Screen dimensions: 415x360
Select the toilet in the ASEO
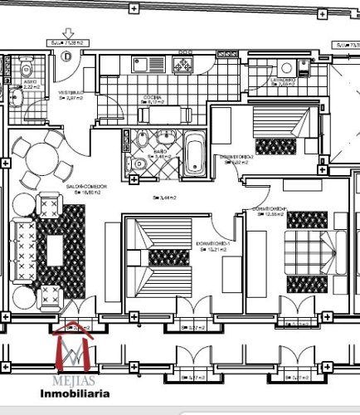pos(26,70)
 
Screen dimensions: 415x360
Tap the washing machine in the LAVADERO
pos(287,69)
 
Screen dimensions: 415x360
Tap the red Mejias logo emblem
pos(74,351)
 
